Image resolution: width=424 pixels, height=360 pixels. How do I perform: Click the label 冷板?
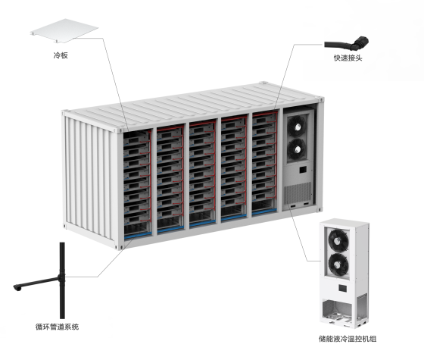(x=61, y=55)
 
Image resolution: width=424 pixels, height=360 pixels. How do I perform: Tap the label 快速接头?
(x=348, y=58)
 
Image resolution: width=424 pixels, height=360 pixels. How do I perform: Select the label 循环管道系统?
(x=57, y=327)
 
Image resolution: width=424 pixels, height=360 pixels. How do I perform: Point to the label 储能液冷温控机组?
(x=348, y=339)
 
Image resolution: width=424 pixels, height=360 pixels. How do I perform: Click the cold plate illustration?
(x=64, y=30)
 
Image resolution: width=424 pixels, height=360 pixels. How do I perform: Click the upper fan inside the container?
(x=297, y=126)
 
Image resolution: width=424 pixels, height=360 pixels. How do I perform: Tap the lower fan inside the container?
(x=297, y=149)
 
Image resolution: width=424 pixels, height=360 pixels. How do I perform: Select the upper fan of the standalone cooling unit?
(x=338, y=241)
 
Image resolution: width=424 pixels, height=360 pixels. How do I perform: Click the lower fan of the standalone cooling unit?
(x=339, y=265)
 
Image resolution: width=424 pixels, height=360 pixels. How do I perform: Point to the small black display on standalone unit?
(x=342, y=288)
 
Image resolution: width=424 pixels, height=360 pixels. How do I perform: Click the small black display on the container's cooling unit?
(x=303, y=170)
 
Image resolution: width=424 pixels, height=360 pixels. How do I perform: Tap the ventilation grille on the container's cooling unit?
(x=298, y=193)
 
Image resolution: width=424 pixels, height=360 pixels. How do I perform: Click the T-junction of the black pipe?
(x=62, y=277)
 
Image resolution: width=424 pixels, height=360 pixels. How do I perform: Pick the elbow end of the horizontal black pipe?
(x=17, y=287)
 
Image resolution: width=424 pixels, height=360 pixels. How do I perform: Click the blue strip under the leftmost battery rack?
(x=138, y=236)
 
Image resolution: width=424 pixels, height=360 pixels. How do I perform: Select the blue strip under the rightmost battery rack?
(x=264, y=212)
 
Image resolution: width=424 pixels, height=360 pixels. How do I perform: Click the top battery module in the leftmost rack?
(x=136, y=137)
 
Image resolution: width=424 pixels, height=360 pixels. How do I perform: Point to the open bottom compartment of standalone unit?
(x=338, y=310)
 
